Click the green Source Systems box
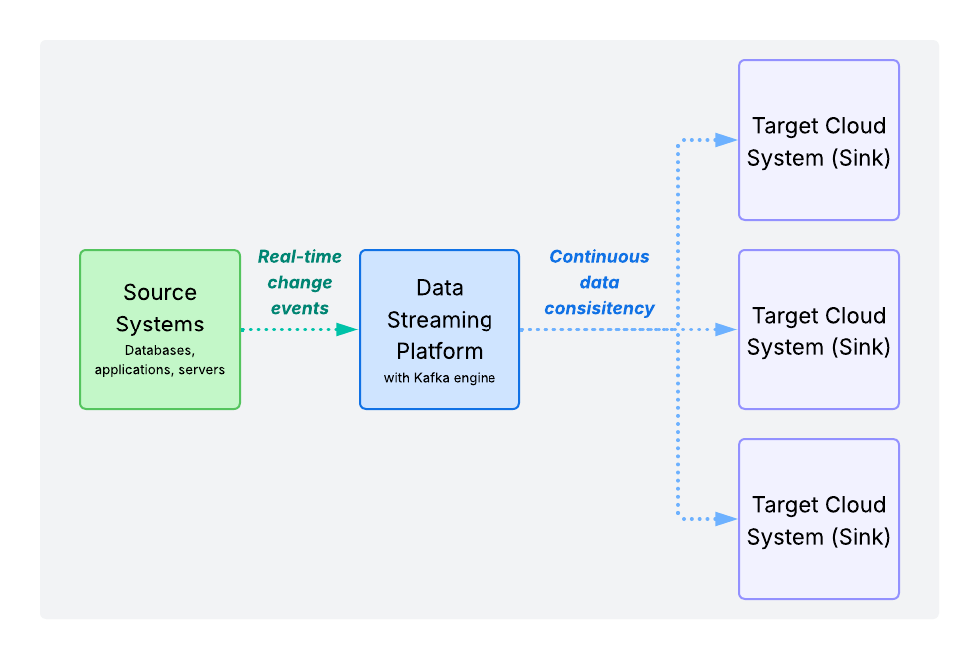pos(160,329)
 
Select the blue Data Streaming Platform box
pos(440,329)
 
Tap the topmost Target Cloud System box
pos(819,140)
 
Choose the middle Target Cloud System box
pos(819,329)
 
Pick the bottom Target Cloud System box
pos(819,519)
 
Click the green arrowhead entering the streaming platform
pos(347,329)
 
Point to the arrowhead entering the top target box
pos(727,140)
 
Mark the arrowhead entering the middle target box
pos(727,329)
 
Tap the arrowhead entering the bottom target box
pos(727,519)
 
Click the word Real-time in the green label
pos(299,257)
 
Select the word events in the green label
pos(299,308)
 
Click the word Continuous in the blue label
pos(599,257)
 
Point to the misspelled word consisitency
pos(599,308)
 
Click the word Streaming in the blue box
pos(440,320)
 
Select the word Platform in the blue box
pos(440,351)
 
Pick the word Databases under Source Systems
pos(159,350)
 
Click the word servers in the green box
pos(202,369)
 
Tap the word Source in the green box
pos(160,293)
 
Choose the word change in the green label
pos(299,283)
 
